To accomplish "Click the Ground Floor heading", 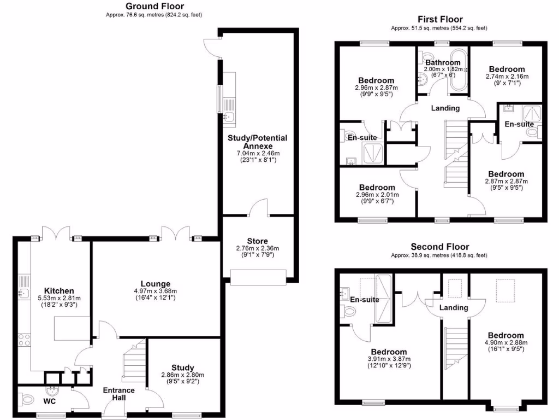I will click(x=154, y=7).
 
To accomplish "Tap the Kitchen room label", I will click(x=59, y=290).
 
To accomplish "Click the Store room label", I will click(x=257, y=240).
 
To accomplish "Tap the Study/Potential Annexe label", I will click(x=257, y=142).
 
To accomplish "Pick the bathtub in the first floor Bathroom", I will click(x=458, y=70).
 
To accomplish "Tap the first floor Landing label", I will click(x=445, y=108).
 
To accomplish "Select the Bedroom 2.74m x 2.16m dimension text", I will click(x=507, y=77).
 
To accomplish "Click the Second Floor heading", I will click(x=439, y=247).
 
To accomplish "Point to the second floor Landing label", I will click(x=454, y=308).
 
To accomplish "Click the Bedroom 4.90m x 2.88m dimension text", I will click(x=506, y=343).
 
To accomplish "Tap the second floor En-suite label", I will click(x=365, y=300).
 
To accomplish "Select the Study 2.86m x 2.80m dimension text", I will click(x=182, y=375).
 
